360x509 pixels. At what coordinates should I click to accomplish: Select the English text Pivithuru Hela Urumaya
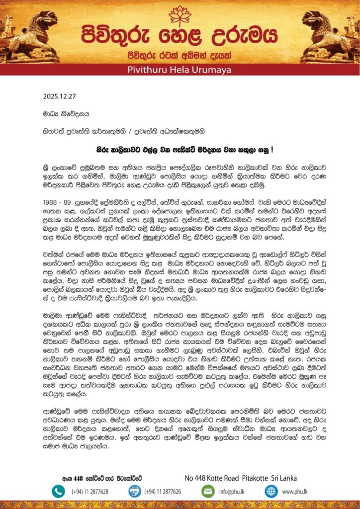point(180,70)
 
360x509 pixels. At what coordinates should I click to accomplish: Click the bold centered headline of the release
point(180,148)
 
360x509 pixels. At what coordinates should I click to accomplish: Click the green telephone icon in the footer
point(58,491)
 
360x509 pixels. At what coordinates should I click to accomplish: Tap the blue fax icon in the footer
point(135,491)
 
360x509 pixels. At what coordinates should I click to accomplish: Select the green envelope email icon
point(207,491)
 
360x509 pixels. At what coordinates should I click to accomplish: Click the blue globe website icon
point(271,491)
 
